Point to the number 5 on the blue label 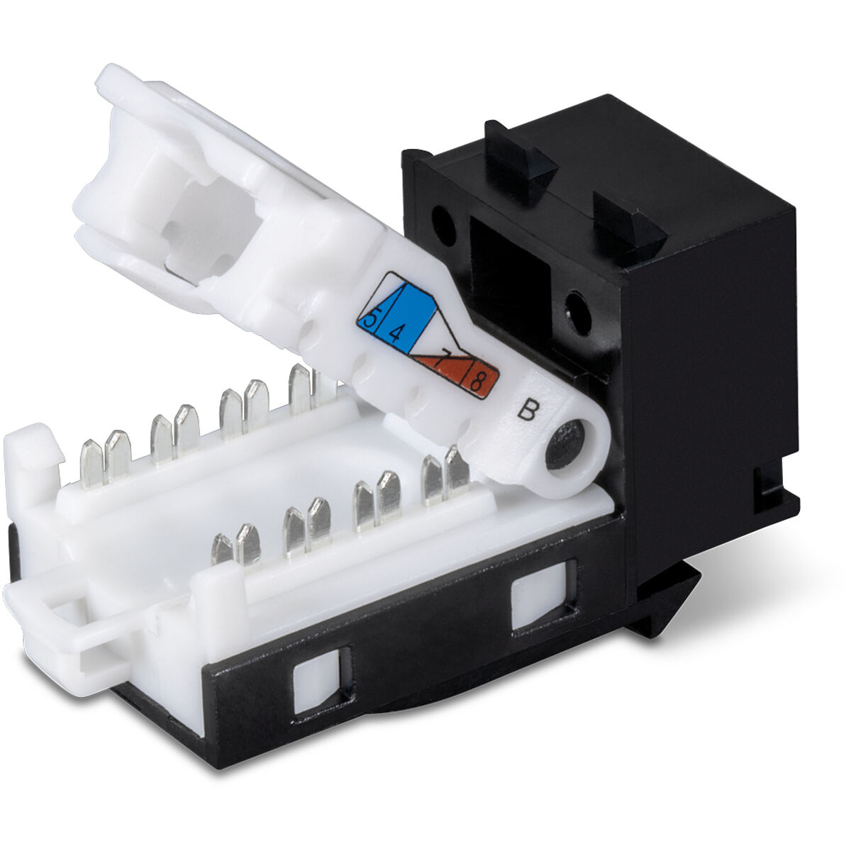coord(369,316)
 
